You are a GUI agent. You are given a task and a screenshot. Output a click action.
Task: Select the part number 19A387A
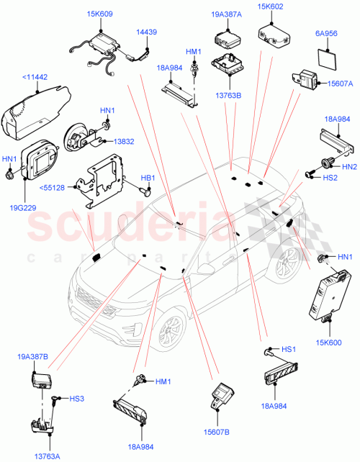point(225,14)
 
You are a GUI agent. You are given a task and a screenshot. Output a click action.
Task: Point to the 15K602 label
point(275,8)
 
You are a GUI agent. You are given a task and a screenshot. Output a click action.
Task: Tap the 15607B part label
point(216,432)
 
